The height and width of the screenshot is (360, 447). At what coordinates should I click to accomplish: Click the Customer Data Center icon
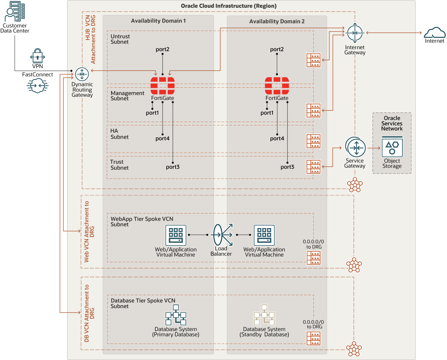15,12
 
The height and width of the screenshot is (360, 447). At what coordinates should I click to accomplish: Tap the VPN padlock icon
37,56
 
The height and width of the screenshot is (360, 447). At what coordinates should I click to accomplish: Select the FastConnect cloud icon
37,86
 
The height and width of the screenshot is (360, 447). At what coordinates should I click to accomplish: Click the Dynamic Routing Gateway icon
82,74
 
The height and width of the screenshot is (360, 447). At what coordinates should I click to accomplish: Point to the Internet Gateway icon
355,33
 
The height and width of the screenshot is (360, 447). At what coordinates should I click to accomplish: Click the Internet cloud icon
434,33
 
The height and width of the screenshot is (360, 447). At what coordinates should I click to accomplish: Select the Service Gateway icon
355,148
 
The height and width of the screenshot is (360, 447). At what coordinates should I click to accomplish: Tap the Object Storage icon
392,147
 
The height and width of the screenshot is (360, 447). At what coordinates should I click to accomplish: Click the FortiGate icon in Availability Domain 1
163,86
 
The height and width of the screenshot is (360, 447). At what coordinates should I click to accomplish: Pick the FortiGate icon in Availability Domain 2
277,86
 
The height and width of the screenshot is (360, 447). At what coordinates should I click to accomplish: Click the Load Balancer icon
222,235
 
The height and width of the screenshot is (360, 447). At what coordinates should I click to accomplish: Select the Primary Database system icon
176,315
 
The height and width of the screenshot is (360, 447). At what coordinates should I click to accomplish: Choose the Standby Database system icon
264,315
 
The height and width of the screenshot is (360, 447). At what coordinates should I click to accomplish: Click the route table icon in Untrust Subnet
313,60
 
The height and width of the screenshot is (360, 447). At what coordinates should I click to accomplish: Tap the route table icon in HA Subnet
313,141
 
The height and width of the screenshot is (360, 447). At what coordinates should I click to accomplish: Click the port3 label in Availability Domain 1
173,167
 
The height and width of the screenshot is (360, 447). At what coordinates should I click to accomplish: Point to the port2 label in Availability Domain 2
277,49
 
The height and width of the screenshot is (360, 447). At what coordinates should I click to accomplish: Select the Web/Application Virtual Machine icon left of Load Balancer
176,235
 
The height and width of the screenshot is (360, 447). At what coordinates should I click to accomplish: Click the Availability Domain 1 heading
158,21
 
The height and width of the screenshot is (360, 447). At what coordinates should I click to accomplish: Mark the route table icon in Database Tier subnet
313,339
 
